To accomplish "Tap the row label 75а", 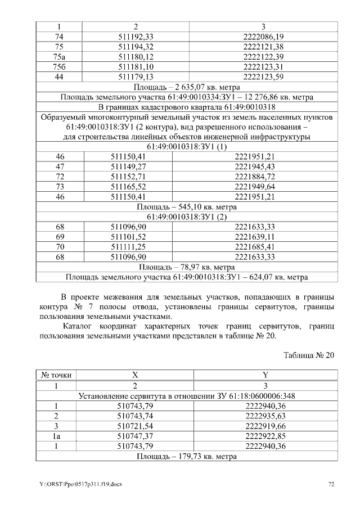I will click(x=59, y=57).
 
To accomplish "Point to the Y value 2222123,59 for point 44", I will click(x=263, y=77).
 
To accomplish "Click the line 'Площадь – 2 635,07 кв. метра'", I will click(x=187, y=87).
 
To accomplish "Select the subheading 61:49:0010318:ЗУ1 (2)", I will click(x=187, y=217).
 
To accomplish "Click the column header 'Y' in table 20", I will click(x=265, y=375).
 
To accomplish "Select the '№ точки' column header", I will click(x=56, y=375).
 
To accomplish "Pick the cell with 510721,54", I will click(x=135, y=426).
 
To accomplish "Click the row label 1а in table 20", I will click(x=56, y=436).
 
